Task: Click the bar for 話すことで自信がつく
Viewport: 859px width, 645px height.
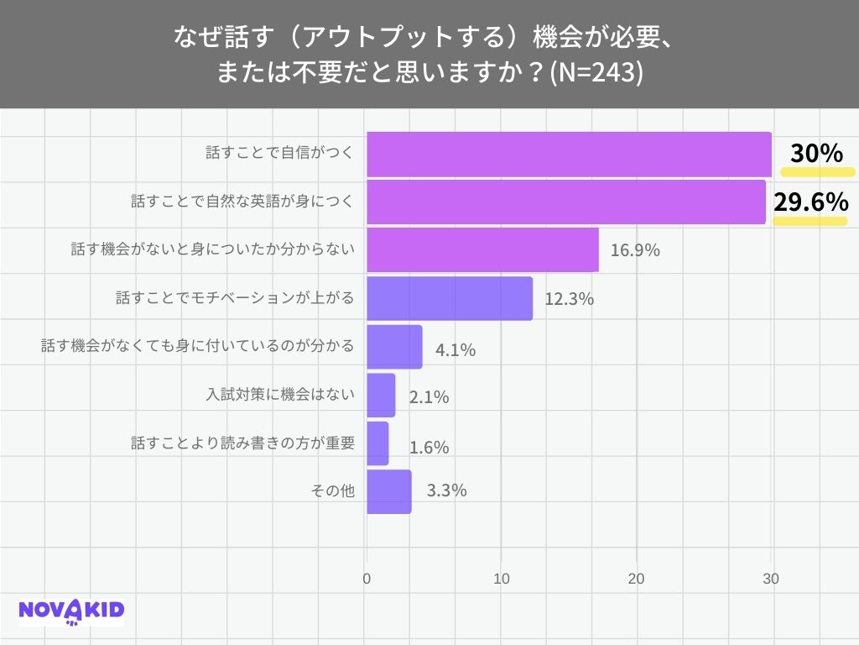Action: [569, 154]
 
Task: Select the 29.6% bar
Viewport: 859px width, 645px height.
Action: [566, 202]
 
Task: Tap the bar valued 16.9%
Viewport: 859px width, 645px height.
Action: [482, 249]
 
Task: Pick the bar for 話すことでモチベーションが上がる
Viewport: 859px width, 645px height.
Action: [450, 298]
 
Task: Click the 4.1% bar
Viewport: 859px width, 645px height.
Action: [394, 347]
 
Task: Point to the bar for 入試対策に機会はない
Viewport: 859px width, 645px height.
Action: [381, 395]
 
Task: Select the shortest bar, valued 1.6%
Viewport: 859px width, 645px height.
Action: [377, 443]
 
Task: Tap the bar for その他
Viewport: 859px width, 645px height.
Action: [388, 491]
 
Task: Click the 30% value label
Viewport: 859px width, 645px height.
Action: [816, 154]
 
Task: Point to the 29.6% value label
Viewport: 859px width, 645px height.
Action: [810, 202]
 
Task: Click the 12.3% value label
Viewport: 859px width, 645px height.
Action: [569, 299]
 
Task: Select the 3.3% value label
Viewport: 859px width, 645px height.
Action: [446, 491]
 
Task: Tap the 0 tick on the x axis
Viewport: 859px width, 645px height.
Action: [367, 579]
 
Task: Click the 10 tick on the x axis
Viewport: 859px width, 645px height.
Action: [502, 579]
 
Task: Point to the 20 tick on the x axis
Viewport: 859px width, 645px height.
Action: [637, 579]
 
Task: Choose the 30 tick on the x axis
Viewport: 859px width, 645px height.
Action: [771, 579]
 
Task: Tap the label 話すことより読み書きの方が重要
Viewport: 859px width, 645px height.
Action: [243, 443]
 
